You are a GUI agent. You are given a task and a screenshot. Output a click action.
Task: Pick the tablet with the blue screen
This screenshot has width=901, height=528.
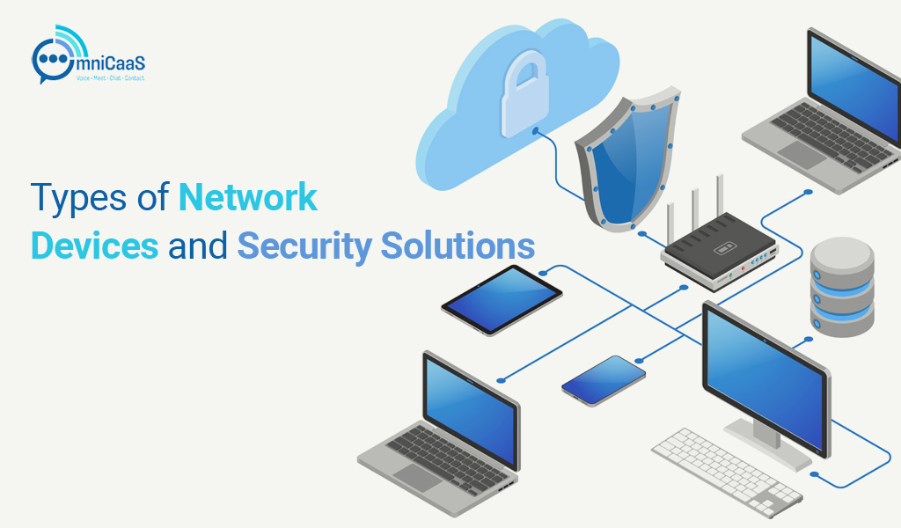502,299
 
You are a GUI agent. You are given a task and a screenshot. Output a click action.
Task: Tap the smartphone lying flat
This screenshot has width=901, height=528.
603,380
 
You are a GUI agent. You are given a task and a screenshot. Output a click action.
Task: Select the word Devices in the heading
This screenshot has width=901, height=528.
94,246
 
